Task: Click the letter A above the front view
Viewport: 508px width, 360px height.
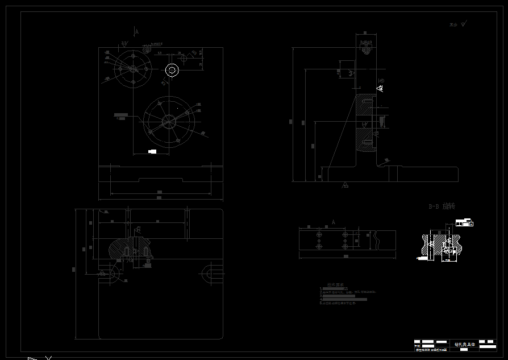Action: [x=136, y=32]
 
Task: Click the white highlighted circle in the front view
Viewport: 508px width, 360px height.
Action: [x=172, y=70]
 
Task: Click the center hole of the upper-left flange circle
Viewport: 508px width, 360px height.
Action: [x=132, y=69]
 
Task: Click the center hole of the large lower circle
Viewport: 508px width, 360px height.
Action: [x=169, y=121]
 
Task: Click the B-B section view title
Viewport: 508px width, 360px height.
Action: [x=442, y=206]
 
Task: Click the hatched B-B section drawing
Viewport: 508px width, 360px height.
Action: [x=439, y=245]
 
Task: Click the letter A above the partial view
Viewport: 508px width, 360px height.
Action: [x=334, y=222]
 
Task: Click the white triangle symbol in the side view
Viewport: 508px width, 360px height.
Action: [x=380, y=88]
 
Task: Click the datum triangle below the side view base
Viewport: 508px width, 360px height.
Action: [x=345, y=185]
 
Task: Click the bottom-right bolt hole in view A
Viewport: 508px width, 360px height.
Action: [x=344, y=247]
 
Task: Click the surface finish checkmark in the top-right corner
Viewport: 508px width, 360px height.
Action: [x=464, y=24]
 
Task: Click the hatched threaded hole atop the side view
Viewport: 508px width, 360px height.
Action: [x=366, y=49]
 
